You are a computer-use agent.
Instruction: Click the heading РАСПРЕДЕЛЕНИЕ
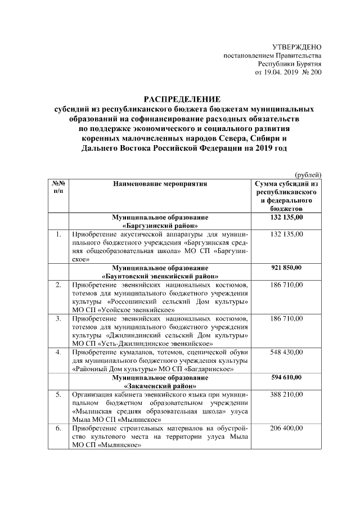click(180, 98)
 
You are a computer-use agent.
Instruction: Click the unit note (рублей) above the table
click(308, 175)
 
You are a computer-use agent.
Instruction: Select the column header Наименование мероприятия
click(160, 183)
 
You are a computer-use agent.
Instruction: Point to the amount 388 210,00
click(286, 395)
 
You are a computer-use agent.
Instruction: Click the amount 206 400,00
click(286, 429)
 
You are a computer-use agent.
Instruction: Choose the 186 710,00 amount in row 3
click(286, 318)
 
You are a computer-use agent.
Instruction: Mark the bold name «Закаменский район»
click(160, 386)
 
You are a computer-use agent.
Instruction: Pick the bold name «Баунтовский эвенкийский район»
click(160, 276)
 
